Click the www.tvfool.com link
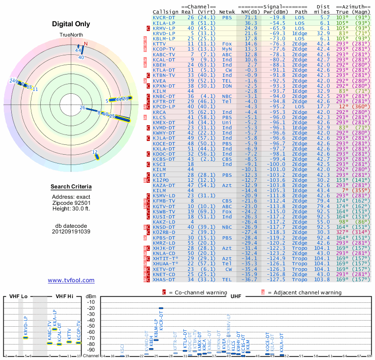tap(71, 280)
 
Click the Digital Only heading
tap(71, 24)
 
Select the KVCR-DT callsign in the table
tap(164, 17)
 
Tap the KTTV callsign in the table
tap(160, 44)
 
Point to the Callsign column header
tap(165, 11)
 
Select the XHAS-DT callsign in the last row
tap(164, 279)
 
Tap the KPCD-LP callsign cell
tap(164, 107)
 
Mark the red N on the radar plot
tap(85, 44)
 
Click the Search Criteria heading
tap(71, 187)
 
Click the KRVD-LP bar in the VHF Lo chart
tap(26, 337)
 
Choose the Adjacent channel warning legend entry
tap(301, 292)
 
